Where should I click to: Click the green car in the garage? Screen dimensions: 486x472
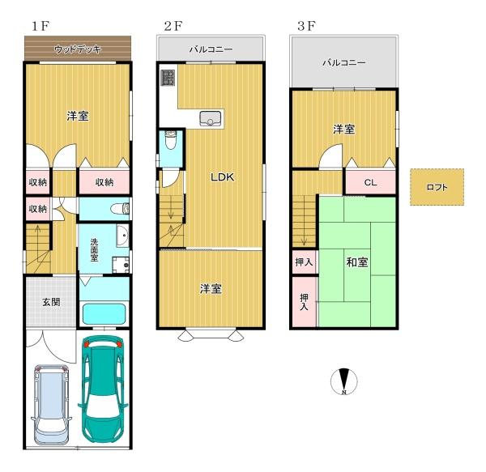103,389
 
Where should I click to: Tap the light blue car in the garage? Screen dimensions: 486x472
51,405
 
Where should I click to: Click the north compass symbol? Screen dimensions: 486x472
344,381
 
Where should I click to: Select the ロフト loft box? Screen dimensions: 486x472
437,187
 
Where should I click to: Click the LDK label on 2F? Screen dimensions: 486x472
222,177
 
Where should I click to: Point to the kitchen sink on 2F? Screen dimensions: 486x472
211,119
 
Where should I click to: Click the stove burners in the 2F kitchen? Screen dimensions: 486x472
168,78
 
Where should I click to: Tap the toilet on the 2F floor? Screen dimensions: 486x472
170,140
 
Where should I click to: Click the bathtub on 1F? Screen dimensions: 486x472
104,314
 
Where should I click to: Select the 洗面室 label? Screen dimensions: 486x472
94,250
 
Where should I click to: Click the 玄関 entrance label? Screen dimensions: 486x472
52,302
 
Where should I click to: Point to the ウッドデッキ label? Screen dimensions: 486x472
78,49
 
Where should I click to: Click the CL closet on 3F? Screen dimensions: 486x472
371,182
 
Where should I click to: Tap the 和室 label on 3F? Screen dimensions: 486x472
357,262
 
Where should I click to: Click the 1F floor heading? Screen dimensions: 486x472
40,26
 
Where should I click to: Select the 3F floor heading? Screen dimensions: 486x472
306,26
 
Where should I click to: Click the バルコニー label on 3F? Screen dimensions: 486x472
344,63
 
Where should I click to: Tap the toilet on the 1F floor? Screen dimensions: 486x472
121,208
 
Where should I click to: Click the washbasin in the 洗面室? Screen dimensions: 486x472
123,236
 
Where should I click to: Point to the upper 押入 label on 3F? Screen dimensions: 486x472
304,262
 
